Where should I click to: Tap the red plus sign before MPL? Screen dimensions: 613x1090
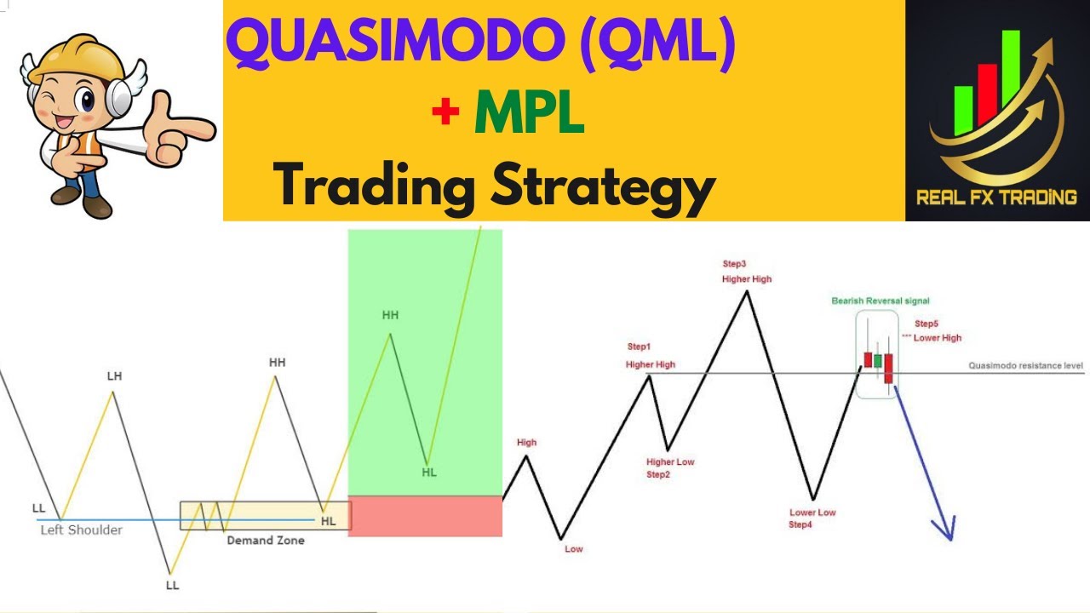pos(445,113)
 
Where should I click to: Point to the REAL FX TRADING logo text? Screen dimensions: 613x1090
pos(996,198)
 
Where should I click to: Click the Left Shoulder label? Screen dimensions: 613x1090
pos(82,530)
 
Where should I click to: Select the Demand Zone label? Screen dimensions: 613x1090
pos(265,540)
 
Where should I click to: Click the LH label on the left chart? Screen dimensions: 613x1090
pos(114,376)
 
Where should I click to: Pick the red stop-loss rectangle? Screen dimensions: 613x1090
pos(425,516)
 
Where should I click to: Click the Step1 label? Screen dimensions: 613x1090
pos(639,347)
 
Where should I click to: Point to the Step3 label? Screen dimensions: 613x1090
pos(734,264)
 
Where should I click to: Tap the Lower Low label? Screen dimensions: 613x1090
pos(812,513)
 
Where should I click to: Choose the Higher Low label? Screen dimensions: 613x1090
pos(670,462)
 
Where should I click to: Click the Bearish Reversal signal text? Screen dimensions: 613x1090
pos(881,301)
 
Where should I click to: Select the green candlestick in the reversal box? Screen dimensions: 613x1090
pos(877,360)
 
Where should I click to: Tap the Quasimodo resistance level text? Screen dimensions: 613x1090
pos(1025,366)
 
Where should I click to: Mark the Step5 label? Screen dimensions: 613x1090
pos(926,324)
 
